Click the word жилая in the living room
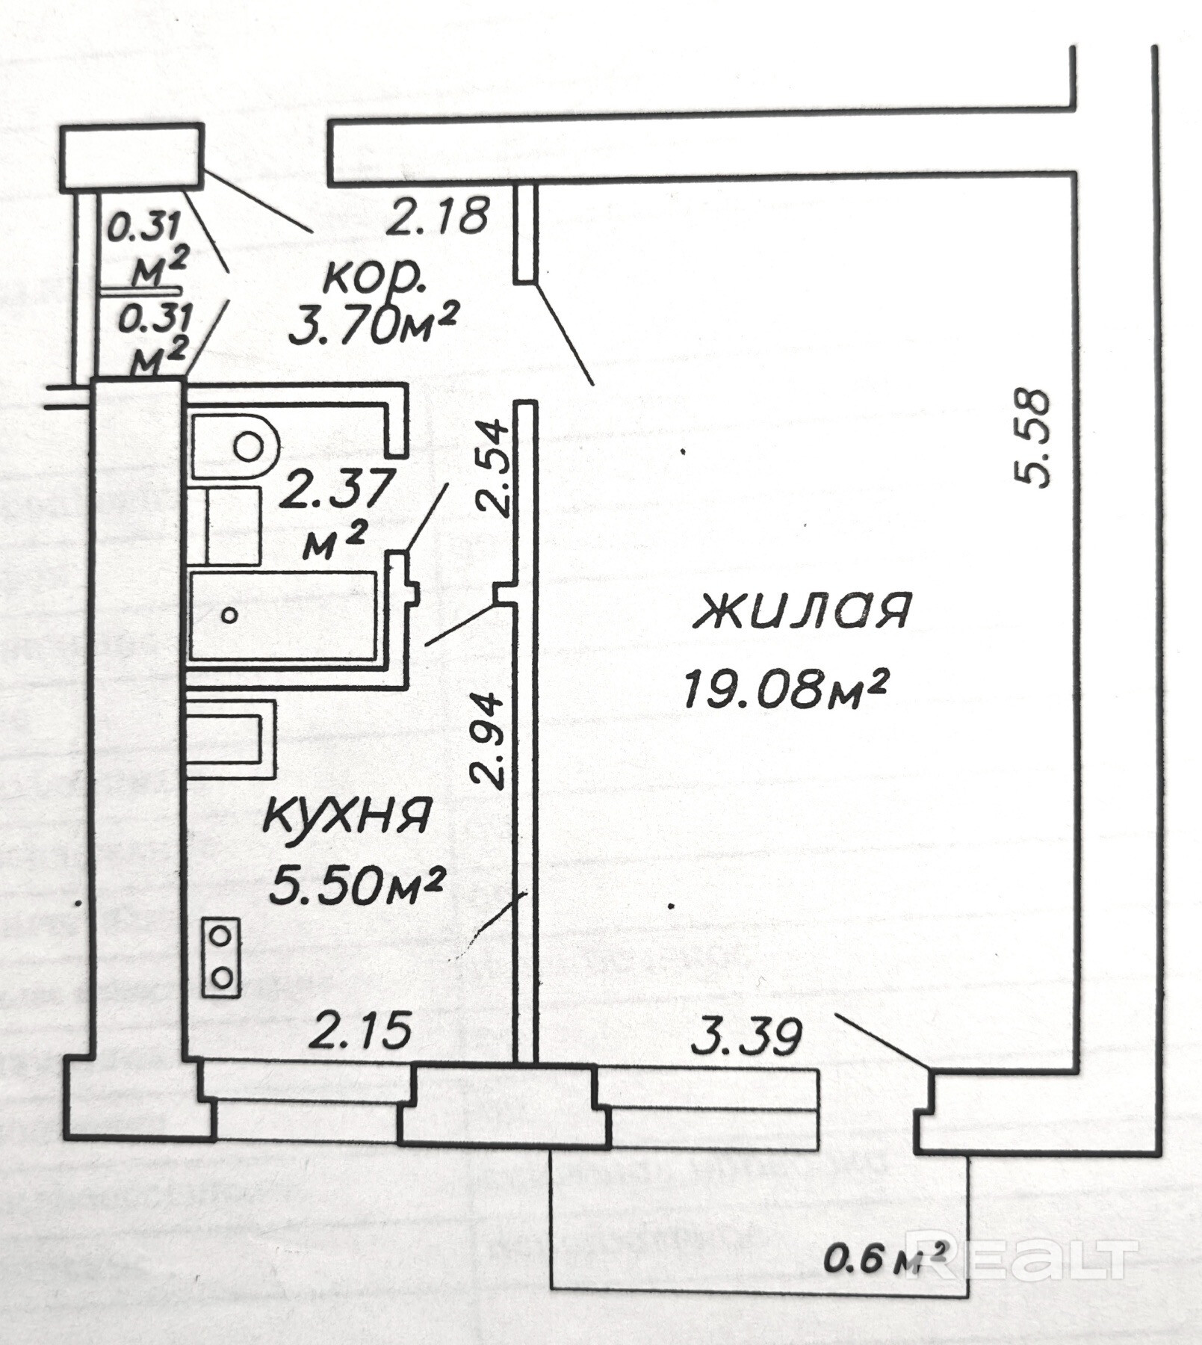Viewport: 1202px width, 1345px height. pos(803,610)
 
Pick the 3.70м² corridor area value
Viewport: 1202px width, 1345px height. pos(372,327)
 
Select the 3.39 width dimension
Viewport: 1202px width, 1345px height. pos(746,1036)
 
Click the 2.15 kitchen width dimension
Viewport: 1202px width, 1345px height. pos(362,1030)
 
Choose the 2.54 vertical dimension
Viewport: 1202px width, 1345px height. pos(493,469)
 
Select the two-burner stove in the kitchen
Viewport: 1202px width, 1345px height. pos(222,957)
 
